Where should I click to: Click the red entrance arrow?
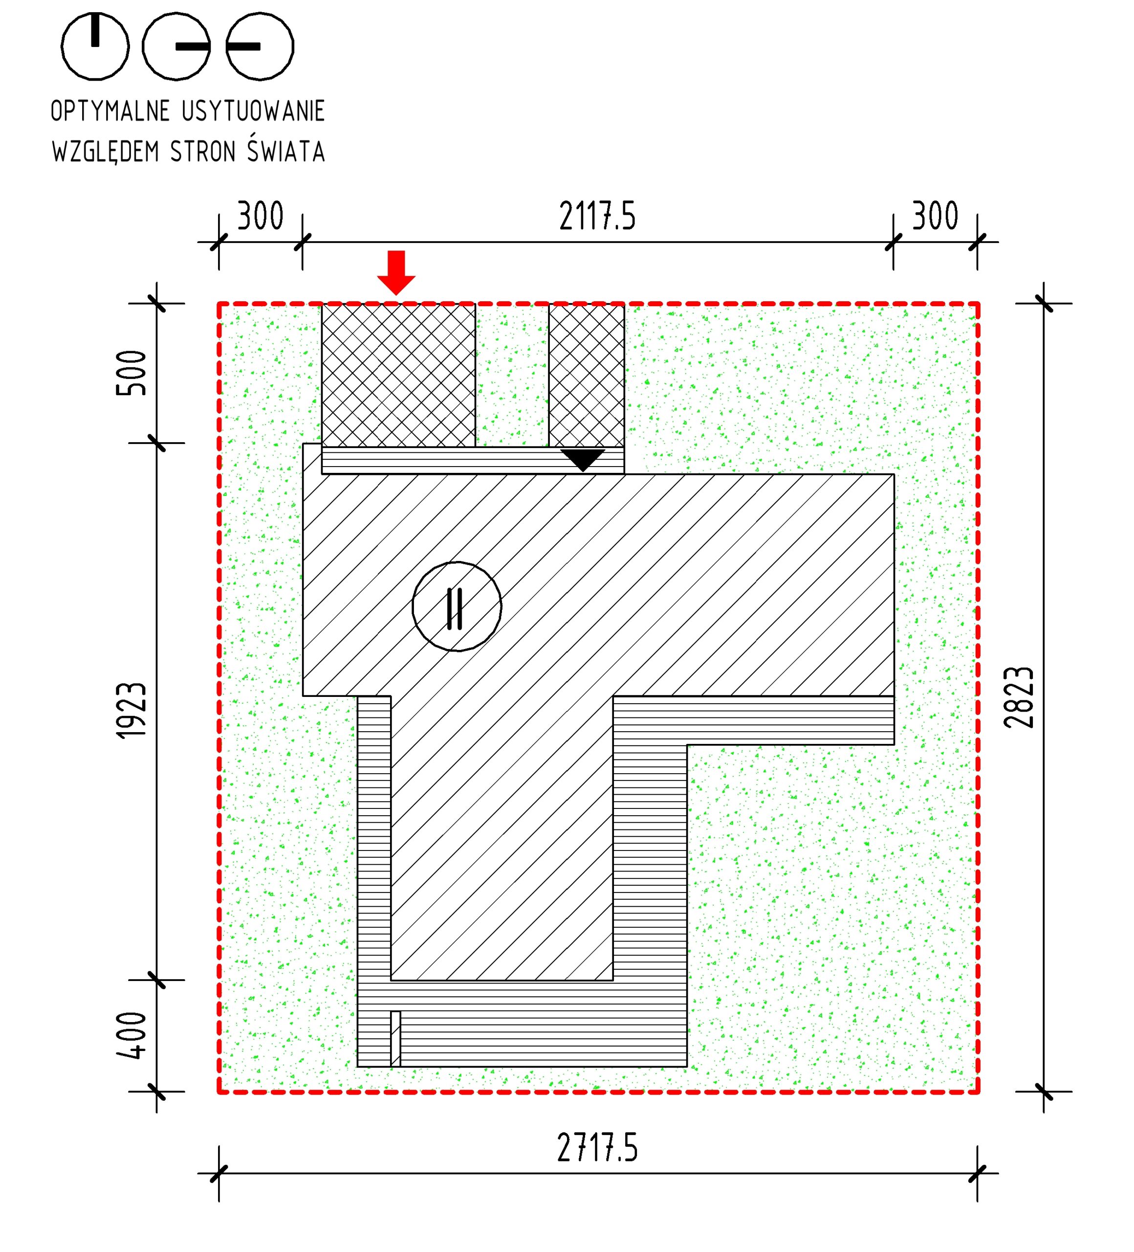point(396,272)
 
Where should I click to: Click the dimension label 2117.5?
point(597,216)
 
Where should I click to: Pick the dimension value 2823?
point(1019,697)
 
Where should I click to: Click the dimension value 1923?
point(131,711)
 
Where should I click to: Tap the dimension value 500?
point(131,373)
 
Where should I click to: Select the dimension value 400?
point(131,1035)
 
